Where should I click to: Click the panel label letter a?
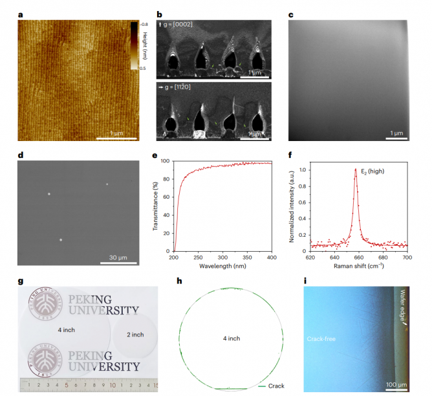coord(21,14)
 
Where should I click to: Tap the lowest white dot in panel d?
coord(61,240)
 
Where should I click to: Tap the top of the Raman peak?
coord(356,170)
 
